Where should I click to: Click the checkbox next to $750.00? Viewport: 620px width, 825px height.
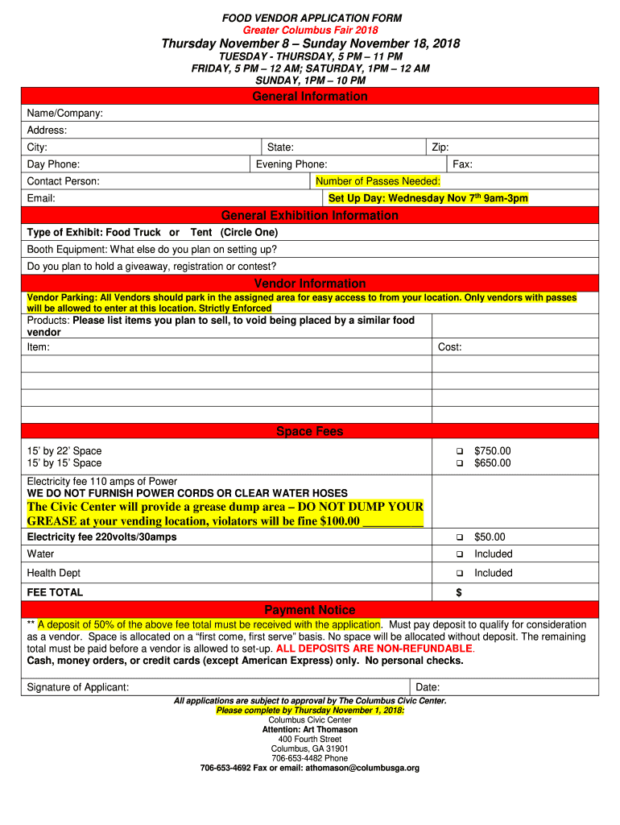pos(460,451)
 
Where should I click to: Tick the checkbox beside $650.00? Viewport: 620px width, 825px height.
pos(460,463)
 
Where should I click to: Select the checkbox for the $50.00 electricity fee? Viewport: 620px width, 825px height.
pos(460,537)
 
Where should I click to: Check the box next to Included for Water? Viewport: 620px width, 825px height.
pos(460,554)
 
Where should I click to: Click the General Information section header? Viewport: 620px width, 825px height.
pos(310,97)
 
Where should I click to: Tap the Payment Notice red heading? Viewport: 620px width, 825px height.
pos(310,610)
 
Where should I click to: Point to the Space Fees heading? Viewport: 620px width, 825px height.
pos(310,432)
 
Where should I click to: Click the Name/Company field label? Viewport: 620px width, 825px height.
pos(64,114)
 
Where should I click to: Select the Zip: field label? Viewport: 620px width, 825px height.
pos(440,147)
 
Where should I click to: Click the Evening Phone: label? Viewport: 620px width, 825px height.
pos(291,164)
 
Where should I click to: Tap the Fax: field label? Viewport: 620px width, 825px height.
pos(462,164)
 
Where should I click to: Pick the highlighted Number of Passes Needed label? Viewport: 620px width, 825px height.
pos(378,181)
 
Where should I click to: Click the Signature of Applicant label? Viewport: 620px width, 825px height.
pos(78,687)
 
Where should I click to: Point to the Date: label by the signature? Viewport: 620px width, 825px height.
pos(427,687)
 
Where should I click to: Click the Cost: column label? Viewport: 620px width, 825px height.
pos(449,347)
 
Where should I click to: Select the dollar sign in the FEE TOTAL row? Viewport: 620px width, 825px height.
pos(459,592)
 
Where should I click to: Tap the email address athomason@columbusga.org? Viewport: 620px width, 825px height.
pos(363,768)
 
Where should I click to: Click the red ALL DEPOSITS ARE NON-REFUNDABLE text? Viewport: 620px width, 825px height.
pos(374,649)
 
